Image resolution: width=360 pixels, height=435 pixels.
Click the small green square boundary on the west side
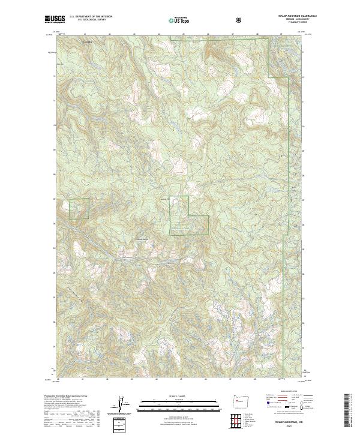[79, 208]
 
